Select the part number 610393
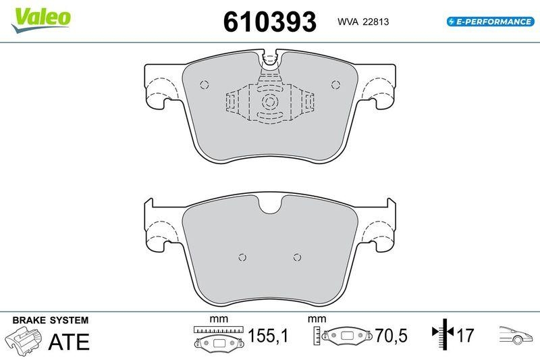tap(269, 22)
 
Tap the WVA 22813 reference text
tap(363, 22)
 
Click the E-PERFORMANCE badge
tap(491, 22)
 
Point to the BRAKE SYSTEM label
tap(51, 320)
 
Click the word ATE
tap(69, 341)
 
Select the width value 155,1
tap(268, 335)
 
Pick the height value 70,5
tap(391, 335)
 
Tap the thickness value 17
tap(465, 335)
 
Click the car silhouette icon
tap(516, 334)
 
